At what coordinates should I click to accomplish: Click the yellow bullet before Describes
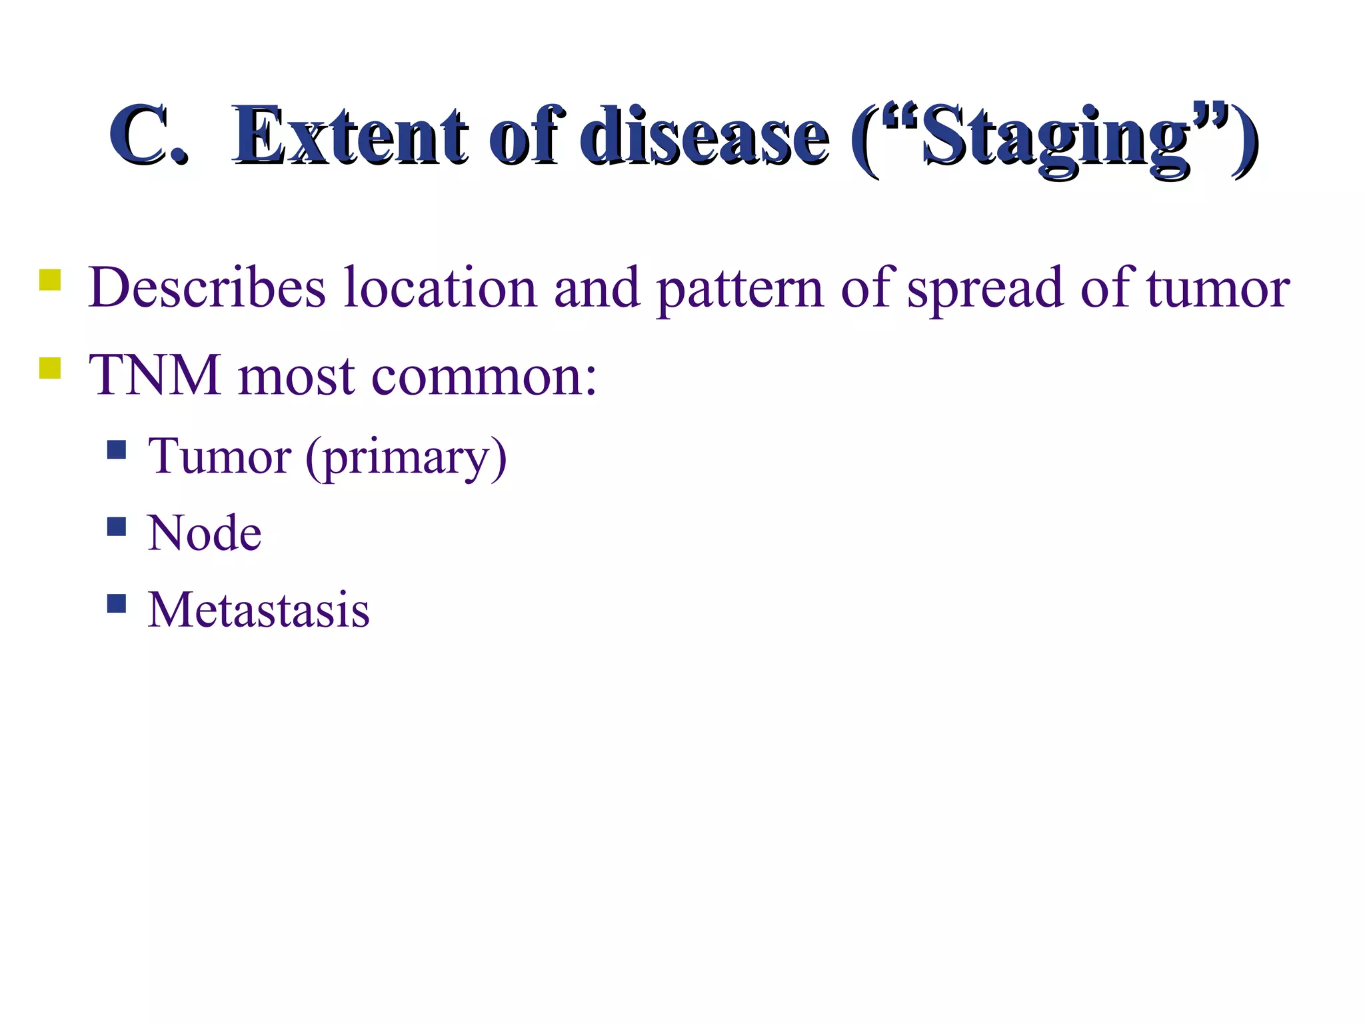coord(50,279)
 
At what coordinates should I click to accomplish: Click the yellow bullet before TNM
coord(50,368)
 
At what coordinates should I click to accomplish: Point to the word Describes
coord(207,288)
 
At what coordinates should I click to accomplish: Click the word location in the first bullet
coord(440,288)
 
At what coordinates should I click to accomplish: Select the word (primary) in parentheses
coord(407,459)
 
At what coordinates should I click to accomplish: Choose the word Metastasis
coord(259,610)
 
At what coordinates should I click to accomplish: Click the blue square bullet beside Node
coord(117,527)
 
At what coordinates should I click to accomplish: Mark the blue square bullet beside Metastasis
coord(117,603)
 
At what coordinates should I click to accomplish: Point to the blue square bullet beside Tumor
coord(117,450)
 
